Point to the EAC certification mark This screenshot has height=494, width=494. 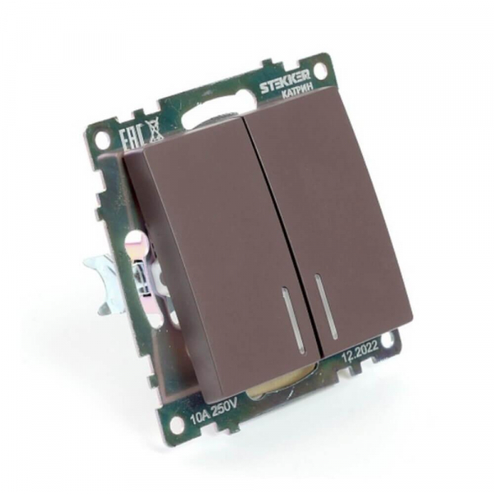[132, 137]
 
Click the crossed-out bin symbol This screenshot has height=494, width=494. [156, 130]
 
